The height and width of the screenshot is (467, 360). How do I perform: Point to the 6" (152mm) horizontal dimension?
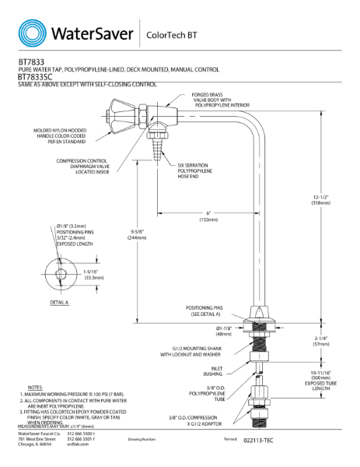(208, 216)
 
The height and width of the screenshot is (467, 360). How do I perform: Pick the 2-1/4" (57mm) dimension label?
(339, 342)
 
